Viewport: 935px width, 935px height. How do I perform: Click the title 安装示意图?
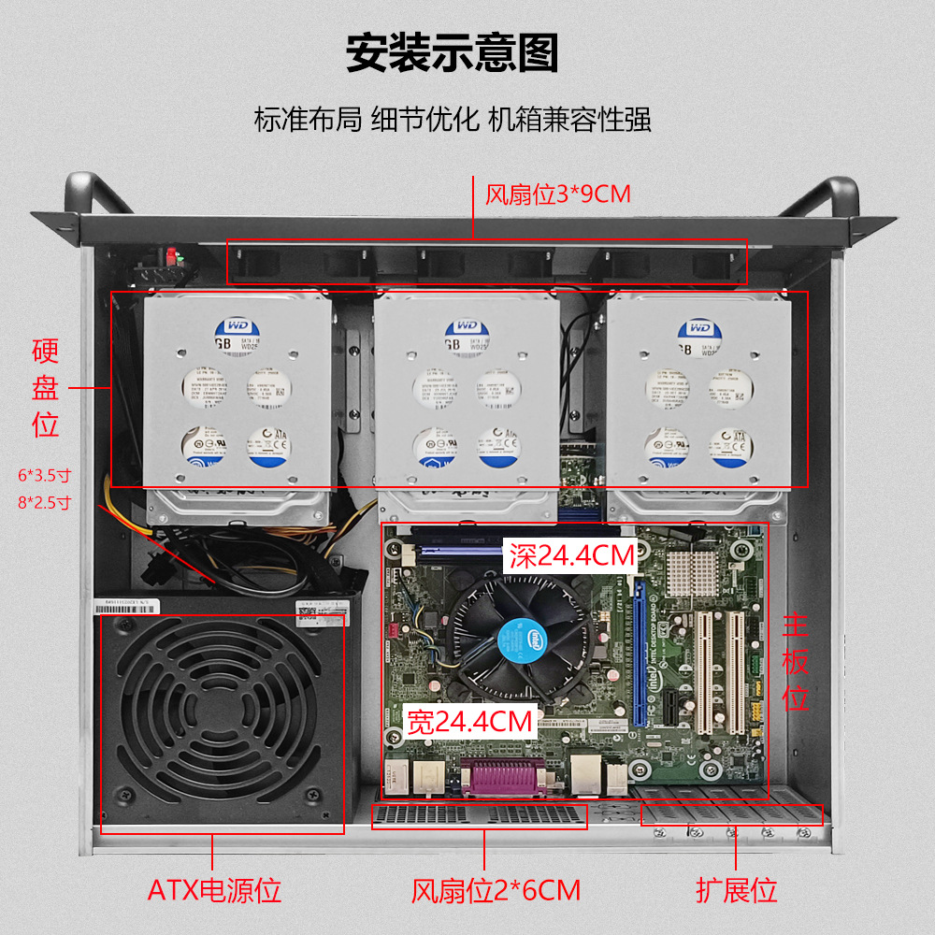coord(453,53)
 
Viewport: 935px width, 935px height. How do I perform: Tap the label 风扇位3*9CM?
coord(558,194)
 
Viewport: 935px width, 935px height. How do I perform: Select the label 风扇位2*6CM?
coord(496,889)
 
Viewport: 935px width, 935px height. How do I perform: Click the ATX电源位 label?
coord(214,889)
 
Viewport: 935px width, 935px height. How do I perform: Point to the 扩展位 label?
coord(737,889)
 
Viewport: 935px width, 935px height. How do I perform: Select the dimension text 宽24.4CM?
coord(469,721)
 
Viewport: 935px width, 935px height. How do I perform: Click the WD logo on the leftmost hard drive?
coord(232,326)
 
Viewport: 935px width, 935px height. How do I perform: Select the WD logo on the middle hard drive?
coord(465,326)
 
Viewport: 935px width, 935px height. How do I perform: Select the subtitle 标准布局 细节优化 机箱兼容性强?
coord(453,120)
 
